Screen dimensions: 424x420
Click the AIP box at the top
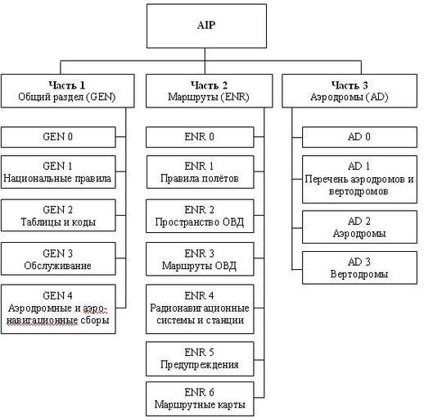click(x=206, y=26)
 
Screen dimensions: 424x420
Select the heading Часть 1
click(x=67, y=85)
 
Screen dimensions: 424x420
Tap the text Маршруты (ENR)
click(x=209, y=97)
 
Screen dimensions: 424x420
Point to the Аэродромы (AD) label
click(x=350, y=97)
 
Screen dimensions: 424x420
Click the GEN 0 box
click(x=58, y=137)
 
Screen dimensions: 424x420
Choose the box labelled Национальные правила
click(x=58, y=172)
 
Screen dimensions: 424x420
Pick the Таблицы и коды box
click(x=58, y=216)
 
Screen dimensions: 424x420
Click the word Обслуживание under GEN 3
click(x=57, y=266)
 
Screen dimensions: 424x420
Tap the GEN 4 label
click(x=57, y=295)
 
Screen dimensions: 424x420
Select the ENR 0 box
click(x=200, y=137)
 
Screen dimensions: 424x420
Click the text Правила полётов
click(x=200, y=179)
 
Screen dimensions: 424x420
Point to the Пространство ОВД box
click(x=200, y=216)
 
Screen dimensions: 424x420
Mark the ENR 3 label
click(x=199, y=253)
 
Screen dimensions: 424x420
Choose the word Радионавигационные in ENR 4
click(x=200, y=308)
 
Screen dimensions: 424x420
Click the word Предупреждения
click(x=200, y=365)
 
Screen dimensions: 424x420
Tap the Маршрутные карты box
click(x=200, y=399)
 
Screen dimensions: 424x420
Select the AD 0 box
click(x=359, y=137)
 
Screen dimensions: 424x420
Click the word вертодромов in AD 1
click(x=359, y=191)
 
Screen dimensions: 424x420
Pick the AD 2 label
click(x=359, y=221)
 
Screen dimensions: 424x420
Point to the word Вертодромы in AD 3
click(x=359, y=274)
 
